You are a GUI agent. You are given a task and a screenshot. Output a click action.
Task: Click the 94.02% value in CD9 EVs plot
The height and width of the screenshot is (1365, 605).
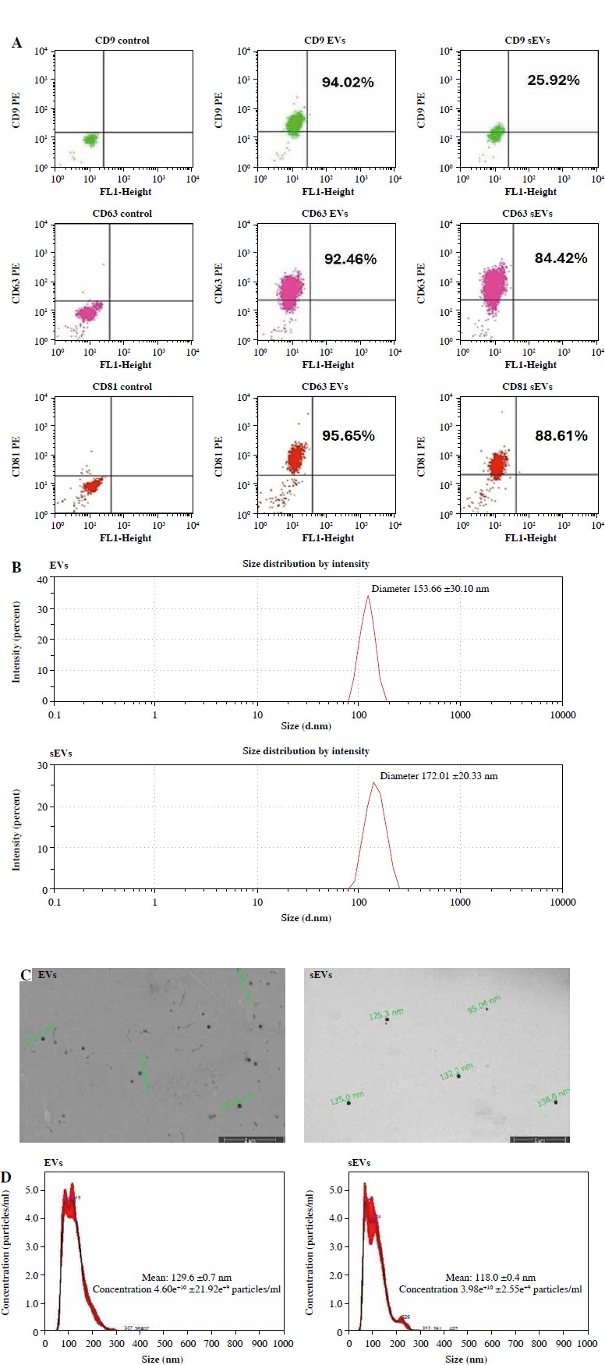pyautogui.click(x=348, y=82)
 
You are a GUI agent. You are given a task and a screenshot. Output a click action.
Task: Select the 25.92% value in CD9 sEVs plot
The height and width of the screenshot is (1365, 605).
pyautogui.click(x=553, y=80)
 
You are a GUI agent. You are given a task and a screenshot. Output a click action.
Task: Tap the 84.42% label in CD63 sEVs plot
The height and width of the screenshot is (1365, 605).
pyautogui.click(x=561, y=258)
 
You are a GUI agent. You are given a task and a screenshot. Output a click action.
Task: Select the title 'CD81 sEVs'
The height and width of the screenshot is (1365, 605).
pyautogui.click(x=527, y=386)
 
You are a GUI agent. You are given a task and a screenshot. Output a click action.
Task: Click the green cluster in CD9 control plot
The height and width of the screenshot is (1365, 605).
pyautogui.click(x=90, y=140)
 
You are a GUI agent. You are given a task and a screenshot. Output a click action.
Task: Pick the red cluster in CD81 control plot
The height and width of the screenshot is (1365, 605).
pyautogui.click(x=92, y=485)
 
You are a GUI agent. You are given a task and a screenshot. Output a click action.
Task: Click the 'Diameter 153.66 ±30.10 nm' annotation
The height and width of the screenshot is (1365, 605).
pyautogui.click(x=430, y=589)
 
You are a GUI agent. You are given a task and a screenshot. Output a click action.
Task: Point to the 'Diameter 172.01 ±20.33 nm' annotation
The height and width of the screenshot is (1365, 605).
pyautogui.click(x=438, y=776)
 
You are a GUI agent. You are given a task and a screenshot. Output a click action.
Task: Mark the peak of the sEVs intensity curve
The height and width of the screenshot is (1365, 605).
pyautogui.click(x=374, y=783)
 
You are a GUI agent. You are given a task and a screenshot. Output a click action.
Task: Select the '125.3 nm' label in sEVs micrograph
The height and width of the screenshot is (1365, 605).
pyautogui.click(x=386, y=1013)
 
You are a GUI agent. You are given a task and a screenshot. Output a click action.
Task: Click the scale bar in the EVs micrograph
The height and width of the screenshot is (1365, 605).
pyautogui.click(x=250, y=1140)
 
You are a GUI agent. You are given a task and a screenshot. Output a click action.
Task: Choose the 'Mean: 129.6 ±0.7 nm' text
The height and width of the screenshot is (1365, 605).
pyautogui.click(x=186, y=1278)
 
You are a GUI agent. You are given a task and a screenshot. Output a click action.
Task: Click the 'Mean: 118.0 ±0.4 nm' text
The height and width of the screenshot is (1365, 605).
pyautogui.click(x=490, y=1278)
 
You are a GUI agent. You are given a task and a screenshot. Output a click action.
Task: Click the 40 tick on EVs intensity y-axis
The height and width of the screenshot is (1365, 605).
pyautogui.click(x=43, y=578)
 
